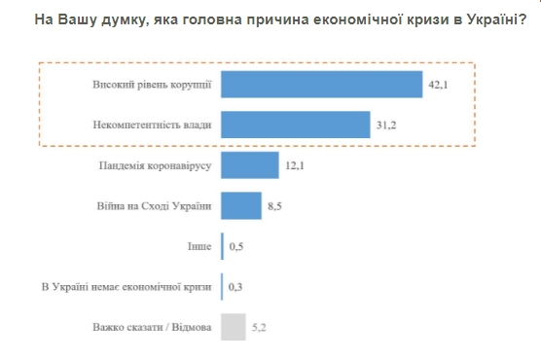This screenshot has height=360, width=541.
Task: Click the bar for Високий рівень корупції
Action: click(x=321, y=85)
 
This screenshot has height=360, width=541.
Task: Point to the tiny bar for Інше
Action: click(x=223, y=247)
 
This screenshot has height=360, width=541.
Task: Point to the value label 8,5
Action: click(x=276, y=207)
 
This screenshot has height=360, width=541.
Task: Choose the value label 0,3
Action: click(x=235, y=288)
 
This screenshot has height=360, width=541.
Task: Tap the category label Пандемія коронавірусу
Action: click(x=155, y=166)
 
